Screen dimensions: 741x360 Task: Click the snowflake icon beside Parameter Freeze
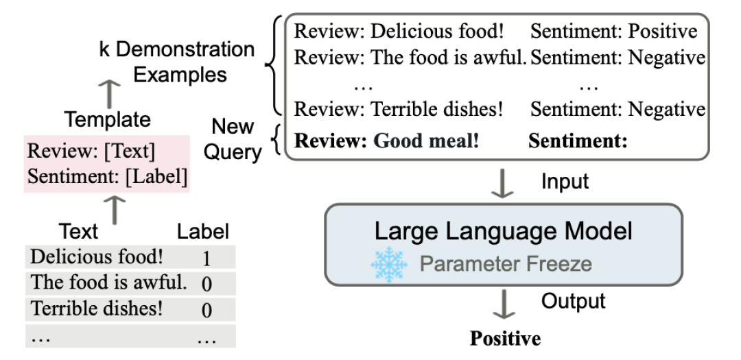[x=389, y=265]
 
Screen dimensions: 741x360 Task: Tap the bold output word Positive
[x=505, y=338]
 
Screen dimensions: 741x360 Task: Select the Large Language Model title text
[x=504, y=232]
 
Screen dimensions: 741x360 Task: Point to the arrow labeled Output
[x=504, y=304]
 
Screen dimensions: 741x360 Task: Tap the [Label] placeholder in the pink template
[x=156, y=177]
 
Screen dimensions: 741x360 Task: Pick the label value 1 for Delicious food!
[x=206, y=259]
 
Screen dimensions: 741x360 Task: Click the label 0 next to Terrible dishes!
[x=206, y=310]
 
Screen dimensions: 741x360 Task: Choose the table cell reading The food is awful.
[x=108, y=283]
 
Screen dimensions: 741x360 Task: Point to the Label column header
[x=202, y=232]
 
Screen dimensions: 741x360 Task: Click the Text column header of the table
[x=78, y=232]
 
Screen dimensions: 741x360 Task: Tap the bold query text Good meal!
[x=426, y=141]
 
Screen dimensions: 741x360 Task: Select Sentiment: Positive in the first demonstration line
[x=614, y=31]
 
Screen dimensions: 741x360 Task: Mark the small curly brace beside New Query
[x=277, y=140]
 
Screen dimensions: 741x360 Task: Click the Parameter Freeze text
[x=506, y=263]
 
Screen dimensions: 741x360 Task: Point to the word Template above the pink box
[x=108, y=119]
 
